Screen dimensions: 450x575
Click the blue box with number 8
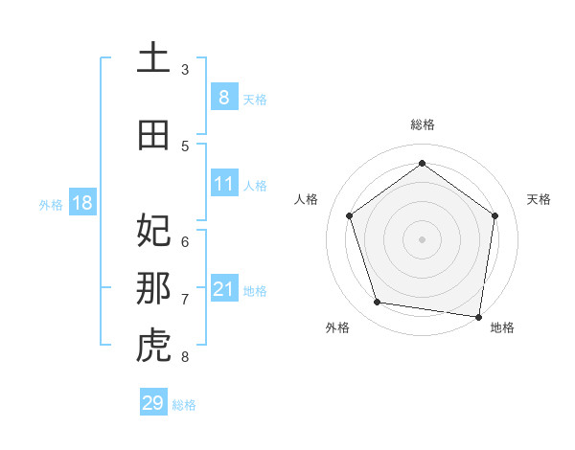point(224,97)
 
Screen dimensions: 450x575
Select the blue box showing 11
point(224,184)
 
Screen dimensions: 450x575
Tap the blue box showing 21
point(224,289)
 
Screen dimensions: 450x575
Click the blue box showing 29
point(153,403)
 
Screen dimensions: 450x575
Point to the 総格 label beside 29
point(184,405)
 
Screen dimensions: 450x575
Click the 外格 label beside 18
point(51,204)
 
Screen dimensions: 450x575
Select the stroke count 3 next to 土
point(185,70)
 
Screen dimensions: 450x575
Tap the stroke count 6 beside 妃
point(185,241)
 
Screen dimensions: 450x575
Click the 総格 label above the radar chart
point(422,124)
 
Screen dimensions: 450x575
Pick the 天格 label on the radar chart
point(539,199)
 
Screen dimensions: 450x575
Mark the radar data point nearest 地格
point(479,316)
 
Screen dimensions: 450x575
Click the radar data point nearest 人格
point(350,215)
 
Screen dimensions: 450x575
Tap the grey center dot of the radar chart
point(422,238)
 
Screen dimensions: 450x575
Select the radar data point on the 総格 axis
point(422,163)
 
